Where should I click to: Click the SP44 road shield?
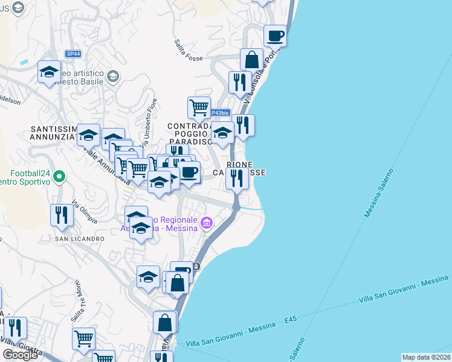coord(73,54)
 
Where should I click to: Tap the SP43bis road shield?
coord(219,113)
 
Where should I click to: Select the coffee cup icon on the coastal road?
coord(275,36)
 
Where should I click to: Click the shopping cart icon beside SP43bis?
coord(199,108)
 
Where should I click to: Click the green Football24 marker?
coord(59,177)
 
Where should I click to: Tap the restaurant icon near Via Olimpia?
coord(62,215)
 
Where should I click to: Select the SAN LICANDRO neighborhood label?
coord(80,239)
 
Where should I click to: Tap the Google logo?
coord(20,355)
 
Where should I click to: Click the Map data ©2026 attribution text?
coord(426,357)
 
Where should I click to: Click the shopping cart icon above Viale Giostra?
coord(83,338)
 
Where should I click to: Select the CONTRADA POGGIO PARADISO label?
coord(190,134)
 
